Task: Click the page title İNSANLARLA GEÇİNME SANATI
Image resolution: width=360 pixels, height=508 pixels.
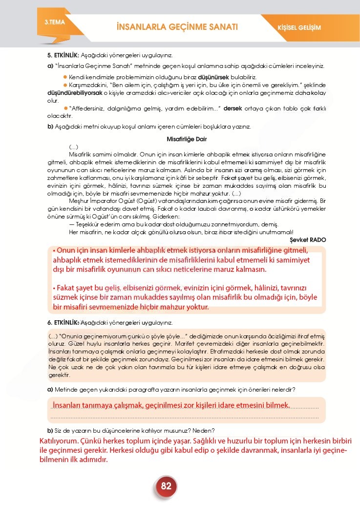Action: (177, 27)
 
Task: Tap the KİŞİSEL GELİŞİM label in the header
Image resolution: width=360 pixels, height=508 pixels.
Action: (302, 27)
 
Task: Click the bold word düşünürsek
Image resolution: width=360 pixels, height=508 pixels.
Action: (213, 77)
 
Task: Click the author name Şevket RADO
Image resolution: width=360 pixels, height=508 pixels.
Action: (308, 240)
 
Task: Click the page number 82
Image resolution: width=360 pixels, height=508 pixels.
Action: (166, 486)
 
